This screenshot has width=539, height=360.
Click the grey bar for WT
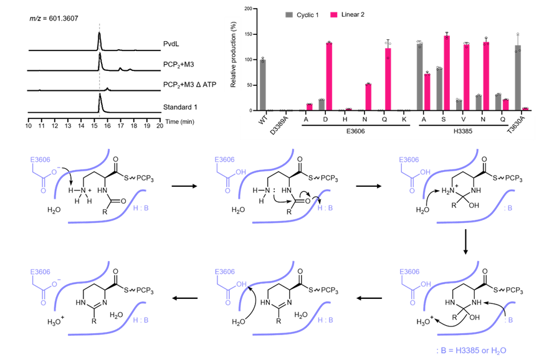click(x=262, y=85)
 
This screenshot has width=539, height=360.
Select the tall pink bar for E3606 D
click(x=329, y=77)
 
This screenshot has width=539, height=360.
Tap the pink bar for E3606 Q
click(x=388, y=79)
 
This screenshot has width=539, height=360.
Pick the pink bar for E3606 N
click(x=368, y=97)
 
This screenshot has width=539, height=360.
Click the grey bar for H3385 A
click(x=419, y=77)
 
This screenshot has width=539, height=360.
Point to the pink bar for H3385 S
click(x=446, y=73)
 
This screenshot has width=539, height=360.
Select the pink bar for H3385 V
click(x=466, y=77)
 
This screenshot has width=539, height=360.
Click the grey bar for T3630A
click(x=518, y=77)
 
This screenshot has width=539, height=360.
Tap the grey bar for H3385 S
click(x=439, y=89)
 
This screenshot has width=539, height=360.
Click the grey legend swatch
click(x=289, y=15)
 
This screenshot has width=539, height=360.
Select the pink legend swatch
click(x=334, y=15)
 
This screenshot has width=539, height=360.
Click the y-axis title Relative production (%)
click(x=233, y=54)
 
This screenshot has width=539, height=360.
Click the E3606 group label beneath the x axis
click(x=355, y=131)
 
